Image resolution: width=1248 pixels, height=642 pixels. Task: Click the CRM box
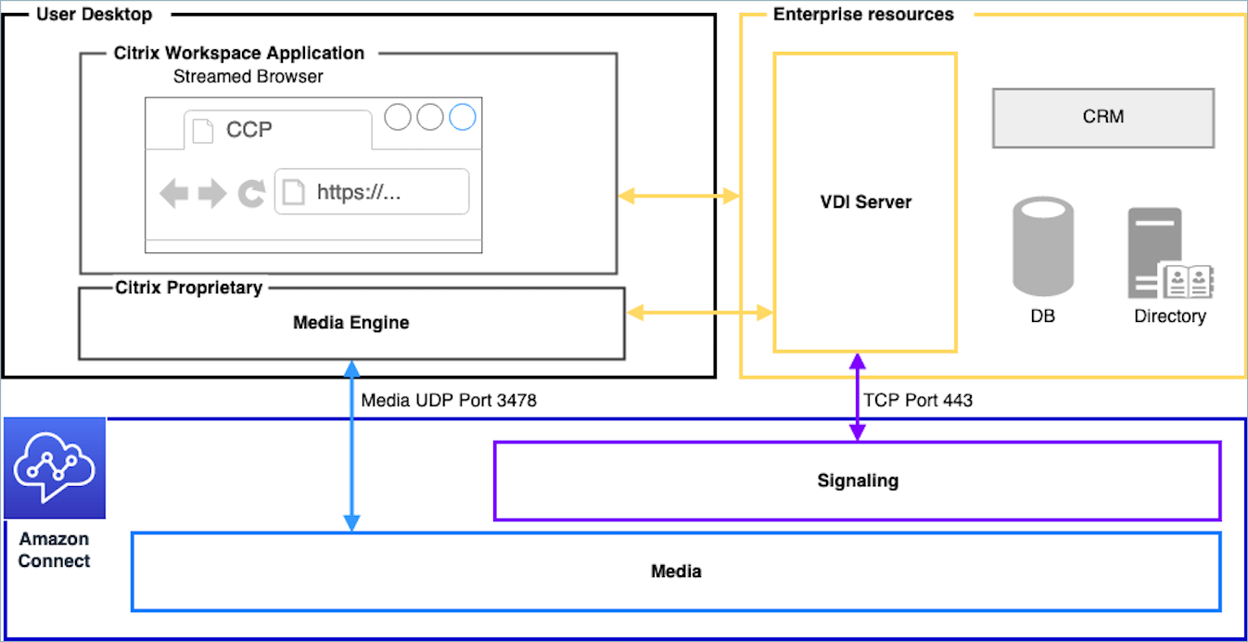(x=1102, y=118)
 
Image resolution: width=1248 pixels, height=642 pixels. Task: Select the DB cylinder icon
(x=1043, y=247)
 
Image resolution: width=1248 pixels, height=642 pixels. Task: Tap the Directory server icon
(x=1165, y=253)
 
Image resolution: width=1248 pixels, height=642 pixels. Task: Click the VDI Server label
(x=864, y=202)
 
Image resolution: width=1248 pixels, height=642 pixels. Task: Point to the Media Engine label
(x=350, y=323)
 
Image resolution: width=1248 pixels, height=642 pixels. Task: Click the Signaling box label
(x=857, y=481)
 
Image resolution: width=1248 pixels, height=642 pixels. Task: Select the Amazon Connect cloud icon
(x=54, y=468)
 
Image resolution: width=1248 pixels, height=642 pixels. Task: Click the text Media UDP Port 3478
(x=449, y=401)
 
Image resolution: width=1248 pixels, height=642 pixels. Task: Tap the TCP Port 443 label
(x=918, y=401)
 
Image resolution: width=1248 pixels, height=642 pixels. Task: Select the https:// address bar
(x=372, y=192)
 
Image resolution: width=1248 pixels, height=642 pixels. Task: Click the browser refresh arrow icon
(x=251, y=193)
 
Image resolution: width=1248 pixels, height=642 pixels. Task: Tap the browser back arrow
(x=173, y=193)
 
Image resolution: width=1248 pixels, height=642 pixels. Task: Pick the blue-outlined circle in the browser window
(x=462, y=118)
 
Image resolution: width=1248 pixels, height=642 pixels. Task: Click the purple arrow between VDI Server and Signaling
(x=858, y=396)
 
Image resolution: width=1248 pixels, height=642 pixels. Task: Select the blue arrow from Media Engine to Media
(x=352, y=445)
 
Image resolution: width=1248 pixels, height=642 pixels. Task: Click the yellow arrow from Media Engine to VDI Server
(x=699, y=314)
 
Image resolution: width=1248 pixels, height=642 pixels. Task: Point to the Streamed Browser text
(x=248, y=77)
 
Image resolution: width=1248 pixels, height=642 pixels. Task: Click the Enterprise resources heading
(x=862, y=14)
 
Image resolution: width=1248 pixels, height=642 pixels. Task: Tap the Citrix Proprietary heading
(x=188, y=288)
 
